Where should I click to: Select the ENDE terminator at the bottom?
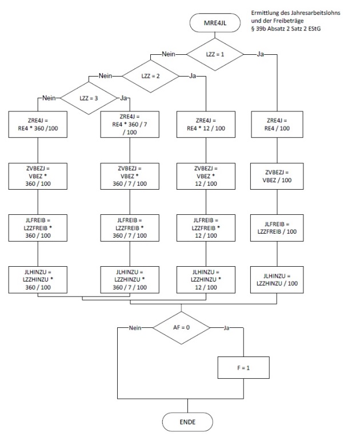click(x=188, y=422)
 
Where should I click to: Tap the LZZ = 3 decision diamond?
click(x=89, y=98)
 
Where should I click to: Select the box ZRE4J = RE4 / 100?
click(x=278, y=125)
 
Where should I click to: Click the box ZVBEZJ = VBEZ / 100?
click(x=278, y=176)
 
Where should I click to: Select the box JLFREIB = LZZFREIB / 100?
click(x=278, y=227)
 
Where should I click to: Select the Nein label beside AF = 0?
click(x=135, y=328)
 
